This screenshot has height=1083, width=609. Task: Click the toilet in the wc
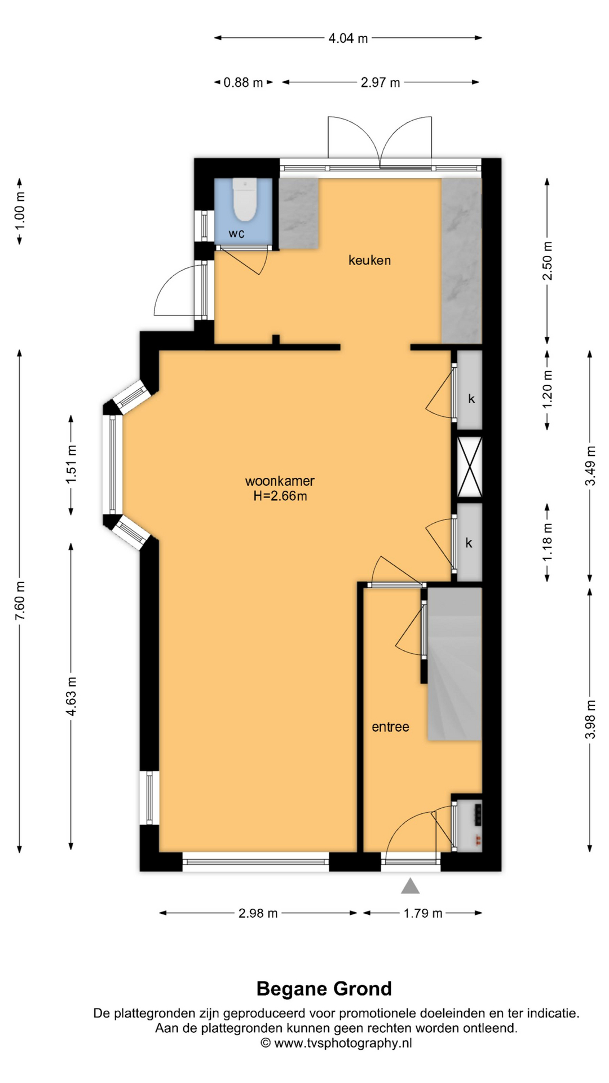(x=245, y=200)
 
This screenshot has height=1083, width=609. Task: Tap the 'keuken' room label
(x=369, y=260)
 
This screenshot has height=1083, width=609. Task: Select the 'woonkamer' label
(x=280, y=481)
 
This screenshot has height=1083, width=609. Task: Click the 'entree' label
(x=390, y=727)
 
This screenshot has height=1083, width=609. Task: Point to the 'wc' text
(x=236, y=233)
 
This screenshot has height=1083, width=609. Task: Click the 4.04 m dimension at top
(x=348, y=38)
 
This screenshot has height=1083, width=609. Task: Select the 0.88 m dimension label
(x=243, y=82)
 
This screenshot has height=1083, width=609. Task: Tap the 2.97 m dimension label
(x=381, y=82)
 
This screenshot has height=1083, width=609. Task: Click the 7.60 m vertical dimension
(x=20, y=600)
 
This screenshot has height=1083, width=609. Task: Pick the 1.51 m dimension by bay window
(x=71, y=464)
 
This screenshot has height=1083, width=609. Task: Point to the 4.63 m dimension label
(x=71, y=696)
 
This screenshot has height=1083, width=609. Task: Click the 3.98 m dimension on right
(x=590, y=719)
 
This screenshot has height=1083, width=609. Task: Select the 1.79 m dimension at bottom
(x=423, y=913)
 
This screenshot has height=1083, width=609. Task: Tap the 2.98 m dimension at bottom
(x=258, y=913)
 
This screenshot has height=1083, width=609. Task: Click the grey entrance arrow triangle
(x=410, y=886)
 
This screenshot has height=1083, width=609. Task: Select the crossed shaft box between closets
(x=469, y=466)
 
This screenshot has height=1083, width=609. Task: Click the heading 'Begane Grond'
(x=324, y=988)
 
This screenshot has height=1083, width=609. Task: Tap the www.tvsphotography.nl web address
(x=343, y=1043)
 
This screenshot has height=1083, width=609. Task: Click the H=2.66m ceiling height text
(x=280, y=496)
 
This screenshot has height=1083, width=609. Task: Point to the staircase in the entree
(x=454, y=664)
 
